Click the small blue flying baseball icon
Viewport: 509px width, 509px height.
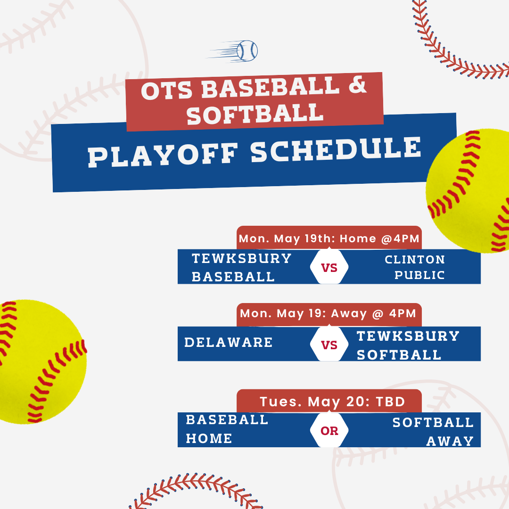(233, 51)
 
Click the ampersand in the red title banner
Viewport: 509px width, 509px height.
(357, 84)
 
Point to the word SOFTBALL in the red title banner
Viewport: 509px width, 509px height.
(255, 114)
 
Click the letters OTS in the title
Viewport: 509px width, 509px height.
(167, 90)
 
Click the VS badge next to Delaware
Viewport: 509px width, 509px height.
(329, 344)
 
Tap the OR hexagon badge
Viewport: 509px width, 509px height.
(329, 430)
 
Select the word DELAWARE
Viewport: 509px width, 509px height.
(229, 343)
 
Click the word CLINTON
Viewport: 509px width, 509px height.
(415, 259)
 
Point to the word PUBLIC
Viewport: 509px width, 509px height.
(419, 275)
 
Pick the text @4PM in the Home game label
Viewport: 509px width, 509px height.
(400, 238)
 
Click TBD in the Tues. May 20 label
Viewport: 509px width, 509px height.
(391, 402)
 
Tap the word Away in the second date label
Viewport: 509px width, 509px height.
(349, 313)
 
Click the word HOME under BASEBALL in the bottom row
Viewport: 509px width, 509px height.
(209, 439)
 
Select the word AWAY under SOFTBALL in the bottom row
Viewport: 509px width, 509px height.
(450, 441)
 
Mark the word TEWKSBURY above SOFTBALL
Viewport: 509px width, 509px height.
(408, 336)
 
